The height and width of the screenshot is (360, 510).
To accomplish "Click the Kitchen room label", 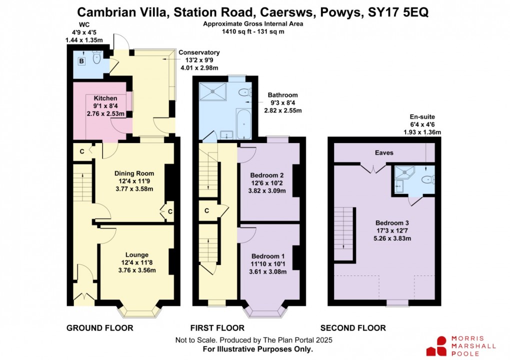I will coord(105,98).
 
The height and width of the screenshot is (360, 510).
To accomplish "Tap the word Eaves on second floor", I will coord(385,153).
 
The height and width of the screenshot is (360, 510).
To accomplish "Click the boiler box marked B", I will coord(81,61).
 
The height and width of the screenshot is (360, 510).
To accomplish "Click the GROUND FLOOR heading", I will coord(100,328).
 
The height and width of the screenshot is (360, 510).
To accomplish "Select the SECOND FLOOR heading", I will coord(353,328).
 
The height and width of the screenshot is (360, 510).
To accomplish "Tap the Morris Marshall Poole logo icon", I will coord(436,346).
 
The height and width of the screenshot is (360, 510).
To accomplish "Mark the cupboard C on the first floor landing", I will coord(206,211).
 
